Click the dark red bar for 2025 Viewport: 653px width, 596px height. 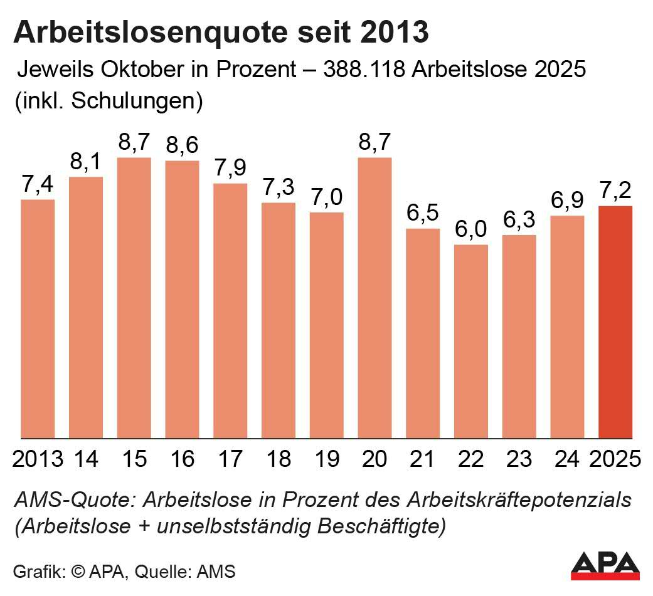click(615, 322)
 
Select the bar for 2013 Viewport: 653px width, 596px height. click(38, 319)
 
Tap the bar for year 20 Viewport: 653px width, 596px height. click(374, 298)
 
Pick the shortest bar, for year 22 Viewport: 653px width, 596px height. click(471, 342)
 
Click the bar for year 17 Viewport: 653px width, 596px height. click(230, 311)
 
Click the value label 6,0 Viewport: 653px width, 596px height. click(471, 230)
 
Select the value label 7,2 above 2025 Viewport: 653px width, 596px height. click(615, 191)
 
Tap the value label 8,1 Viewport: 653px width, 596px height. click(86, 163)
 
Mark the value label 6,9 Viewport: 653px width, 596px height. click(567, 201)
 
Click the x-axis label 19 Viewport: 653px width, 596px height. click(326, 459)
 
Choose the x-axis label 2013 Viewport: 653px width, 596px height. click(38, 459)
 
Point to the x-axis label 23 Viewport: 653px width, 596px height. click(519, 459)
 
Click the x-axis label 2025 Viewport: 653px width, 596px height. click(615, 459)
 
